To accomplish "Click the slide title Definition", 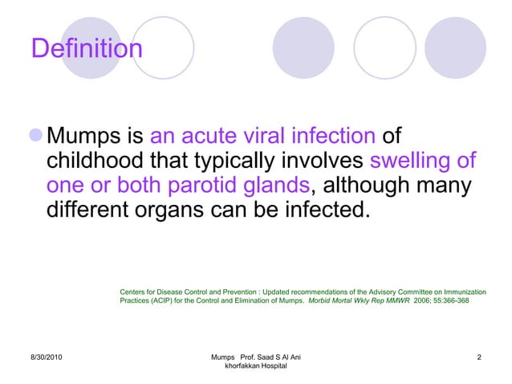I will pos(87,49).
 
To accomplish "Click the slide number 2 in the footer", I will pos(478,356).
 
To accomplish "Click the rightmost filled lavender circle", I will pos(455,48).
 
